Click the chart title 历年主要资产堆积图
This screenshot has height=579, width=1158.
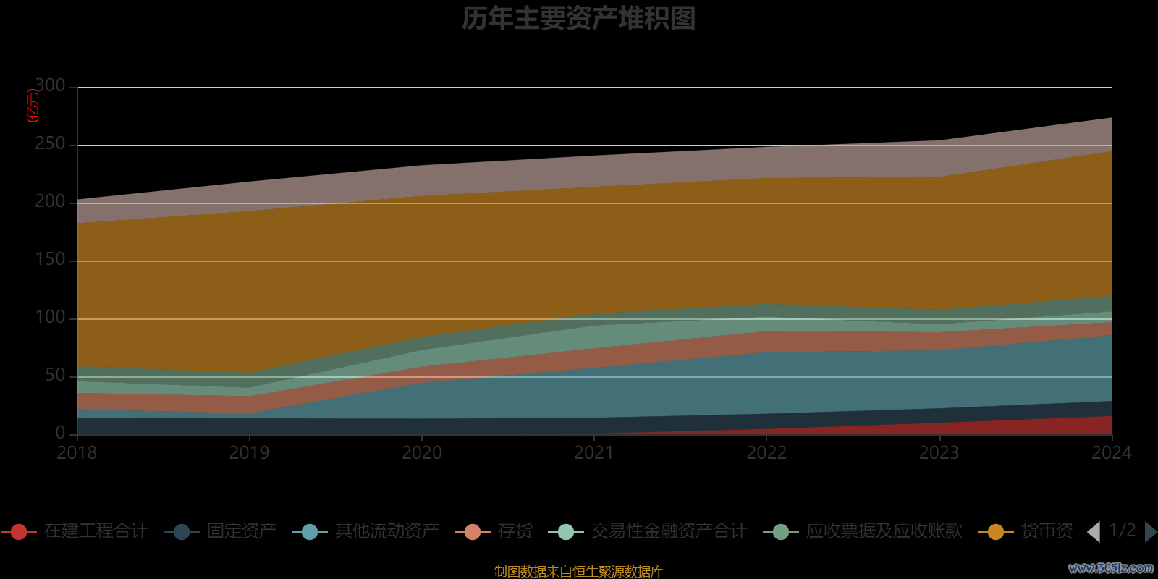(x=578, y=19)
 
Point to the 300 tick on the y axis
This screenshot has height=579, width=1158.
(x=51, y=85)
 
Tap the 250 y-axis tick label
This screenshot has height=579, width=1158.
(x=51, y=143)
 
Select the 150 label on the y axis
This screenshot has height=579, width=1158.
(x=51, y=259)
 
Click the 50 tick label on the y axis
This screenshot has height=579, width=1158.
(x=55, y=375)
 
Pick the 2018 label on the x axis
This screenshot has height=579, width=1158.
(x=77, y=453)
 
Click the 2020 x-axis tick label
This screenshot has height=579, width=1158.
(x=422, y=453)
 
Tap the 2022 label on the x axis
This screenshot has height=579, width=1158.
(x=766, y=453)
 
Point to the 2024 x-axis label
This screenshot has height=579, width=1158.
(x=1111, y=453)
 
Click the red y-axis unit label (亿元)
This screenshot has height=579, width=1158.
(x=33, y=106)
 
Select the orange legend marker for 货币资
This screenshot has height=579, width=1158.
(x=995, y=532)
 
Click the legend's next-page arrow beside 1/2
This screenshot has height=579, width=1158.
(x=1150, y=532)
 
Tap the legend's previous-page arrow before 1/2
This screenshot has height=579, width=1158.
(x=1094, y=532)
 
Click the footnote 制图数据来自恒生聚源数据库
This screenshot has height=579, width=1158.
(x=578, y=571)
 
